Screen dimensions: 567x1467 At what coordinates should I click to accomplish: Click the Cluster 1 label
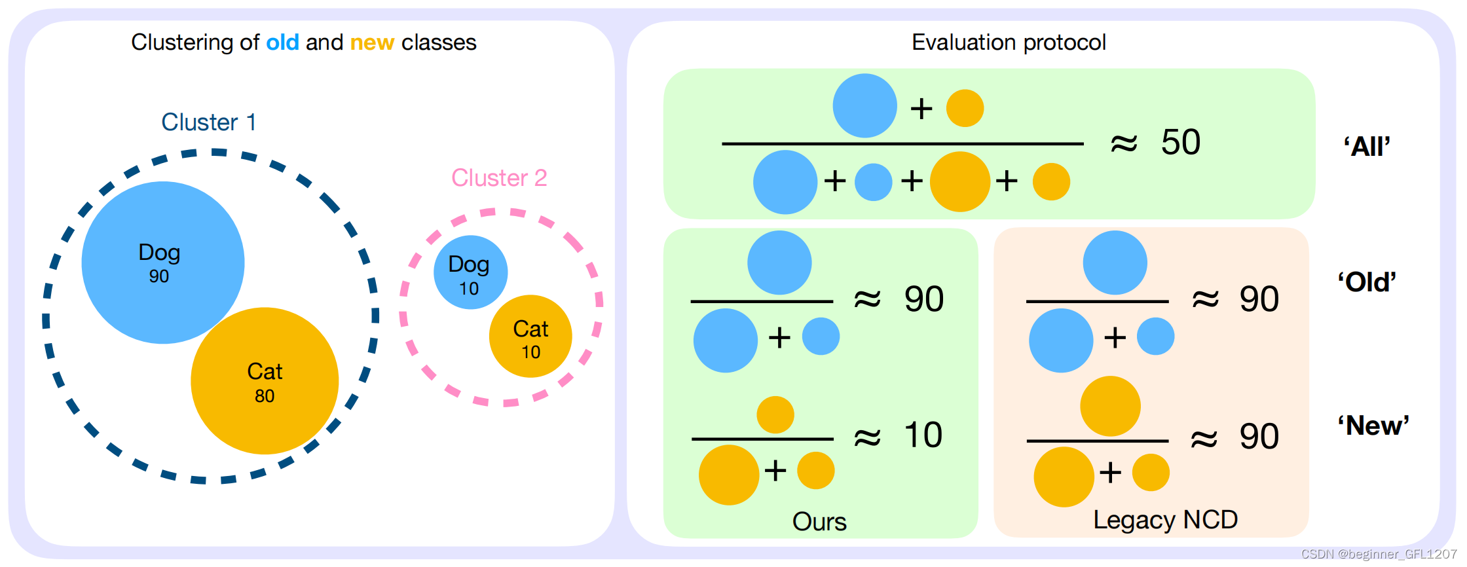click(x=208, y=122)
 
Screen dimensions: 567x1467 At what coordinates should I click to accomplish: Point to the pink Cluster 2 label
click(x=499, y=178)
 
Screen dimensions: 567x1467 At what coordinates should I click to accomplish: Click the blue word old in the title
click(x=282, y=43)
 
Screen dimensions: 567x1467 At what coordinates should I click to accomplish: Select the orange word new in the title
click(x=372, y=43)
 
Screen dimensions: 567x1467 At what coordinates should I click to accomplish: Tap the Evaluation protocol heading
click(x=1009, y=43)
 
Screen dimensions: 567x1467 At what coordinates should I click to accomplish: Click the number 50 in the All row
click(x=1181, y=142)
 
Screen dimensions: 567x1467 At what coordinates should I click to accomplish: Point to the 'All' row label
click(x=1367, y=147)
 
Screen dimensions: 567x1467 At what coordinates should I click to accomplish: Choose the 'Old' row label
click(x=1367, y=282)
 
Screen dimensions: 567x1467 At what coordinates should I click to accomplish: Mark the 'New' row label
click(x=1373, y=426)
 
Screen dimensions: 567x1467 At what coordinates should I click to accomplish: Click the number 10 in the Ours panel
click(x=923, y=435)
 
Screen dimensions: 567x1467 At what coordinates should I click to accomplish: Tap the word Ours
click(x=819, y=522)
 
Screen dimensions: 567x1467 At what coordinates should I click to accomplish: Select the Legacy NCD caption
click(x=1165, y=520)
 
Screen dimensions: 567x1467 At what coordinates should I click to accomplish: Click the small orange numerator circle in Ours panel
click(x=775, y=414)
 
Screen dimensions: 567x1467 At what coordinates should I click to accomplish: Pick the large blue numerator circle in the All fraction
click(x=864, y=106)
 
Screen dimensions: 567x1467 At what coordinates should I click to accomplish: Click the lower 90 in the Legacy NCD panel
click(x=1259, y=437)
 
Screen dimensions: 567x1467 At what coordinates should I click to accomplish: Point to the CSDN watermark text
click(x=1379, y=554)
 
